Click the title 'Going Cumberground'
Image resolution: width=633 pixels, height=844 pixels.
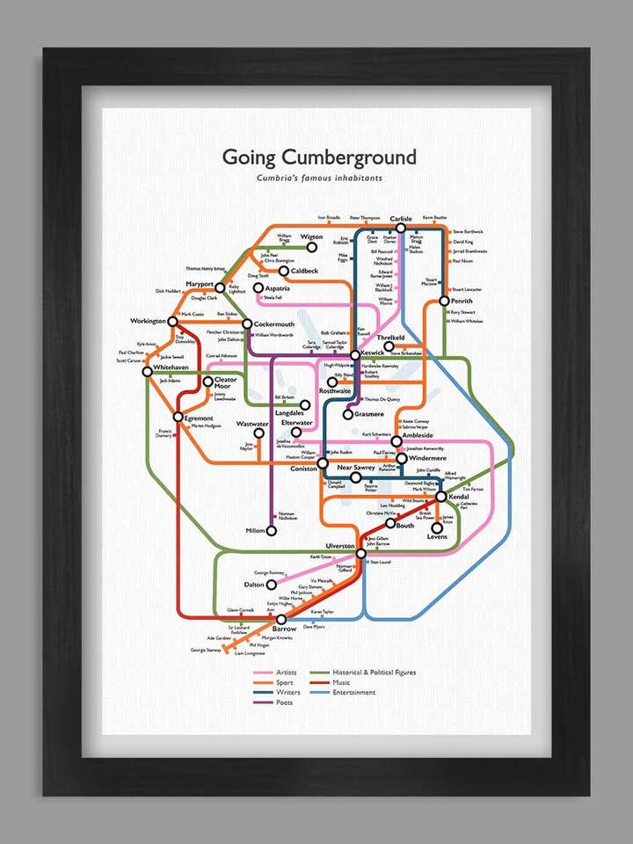pyautogui.click(x=318, y=157)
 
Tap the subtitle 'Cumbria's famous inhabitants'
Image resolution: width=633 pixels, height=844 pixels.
pyautogui.click(x=319, y=178)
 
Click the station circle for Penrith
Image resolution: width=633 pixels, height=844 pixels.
pyautogui.click(x=444, y=302)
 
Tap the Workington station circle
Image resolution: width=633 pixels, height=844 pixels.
pyautogui.click(x=172, y=322)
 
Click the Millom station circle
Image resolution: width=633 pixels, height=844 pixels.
pyautogui.click(x=272, y=531)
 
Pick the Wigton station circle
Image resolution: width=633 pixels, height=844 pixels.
pyautogui.click(x=311, y=248)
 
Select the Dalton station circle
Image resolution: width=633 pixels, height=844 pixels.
pyautogui.click(x=272, y=584)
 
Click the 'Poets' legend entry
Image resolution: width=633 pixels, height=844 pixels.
pyautogui.click(x=287, y=702)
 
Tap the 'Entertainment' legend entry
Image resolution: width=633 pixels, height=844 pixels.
pyautogui.click(x=354, y=692)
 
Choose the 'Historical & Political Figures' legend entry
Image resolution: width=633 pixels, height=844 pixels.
pyautogui.click(x=375, y=673)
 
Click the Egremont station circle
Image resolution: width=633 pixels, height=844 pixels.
pyautogui.click(x=178, y=418)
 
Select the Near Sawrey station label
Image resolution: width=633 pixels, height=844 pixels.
pyautogui.click(x=357, y=467)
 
